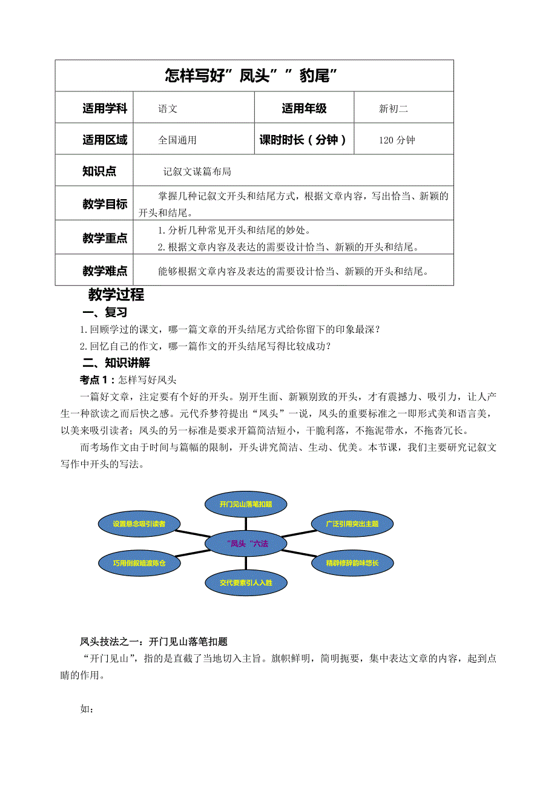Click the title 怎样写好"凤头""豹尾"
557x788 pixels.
point(251,76)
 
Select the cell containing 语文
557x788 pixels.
point(168,109)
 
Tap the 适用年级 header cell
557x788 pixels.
point(304,109)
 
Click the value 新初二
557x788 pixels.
point(394,109)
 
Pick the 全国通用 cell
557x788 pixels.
point(177,140)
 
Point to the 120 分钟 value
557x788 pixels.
point(397,140)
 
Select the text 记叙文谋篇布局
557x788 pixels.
point(197,172)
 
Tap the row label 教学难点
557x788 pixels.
point(105,271)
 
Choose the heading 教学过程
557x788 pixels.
point(116,295)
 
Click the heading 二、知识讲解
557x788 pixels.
point(116,363)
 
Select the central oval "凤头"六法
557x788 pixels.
point(246,543)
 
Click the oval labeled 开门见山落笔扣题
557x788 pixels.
point(245,504)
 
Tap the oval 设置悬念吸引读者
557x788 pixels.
point(139,524)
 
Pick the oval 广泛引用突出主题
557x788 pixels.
point(352,524)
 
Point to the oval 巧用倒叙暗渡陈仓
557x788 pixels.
point(139,563)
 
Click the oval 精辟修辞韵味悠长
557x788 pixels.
point(352,563)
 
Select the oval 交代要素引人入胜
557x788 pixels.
point(245,583)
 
